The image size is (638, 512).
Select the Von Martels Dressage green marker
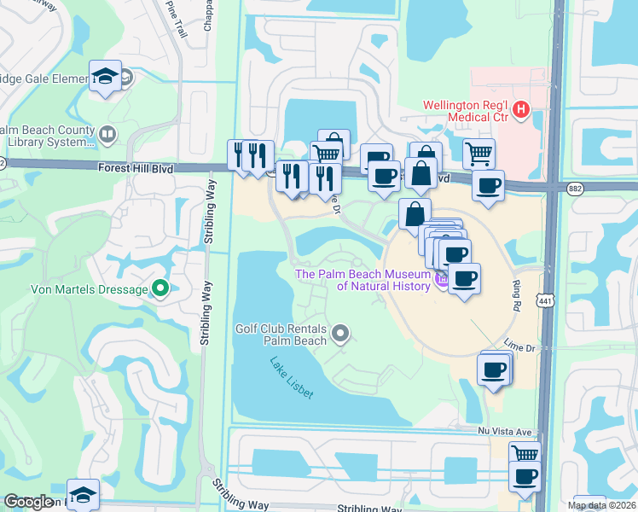point(159,288)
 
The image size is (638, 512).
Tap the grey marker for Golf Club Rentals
point(340,334)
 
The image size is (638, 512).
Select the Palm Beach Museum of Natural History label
point(362,280)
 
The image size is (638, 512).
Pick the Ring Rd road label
point(513,294)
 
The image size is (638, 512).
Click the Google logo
point(28,502)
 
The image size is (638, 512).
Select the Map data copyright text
point(602,505)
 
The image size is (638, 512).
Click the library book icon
point(107,134)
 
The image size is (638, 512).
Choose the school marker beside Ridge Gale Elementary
point(105,78)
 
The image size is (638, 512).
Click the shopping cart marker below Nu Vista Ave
point(525,456)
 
